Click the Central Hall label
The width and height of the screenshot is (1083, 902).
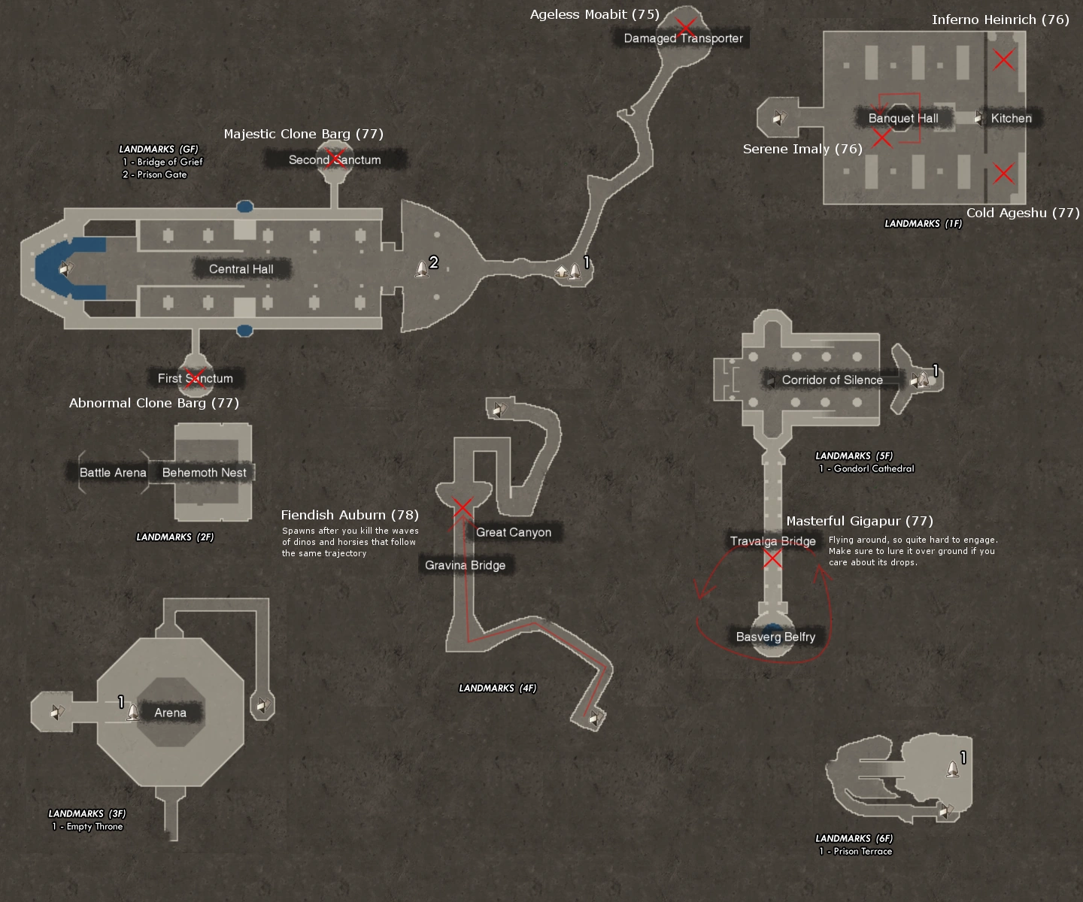(241, 269)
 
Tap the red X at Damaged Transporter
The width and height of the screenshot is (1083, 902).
(684, 29)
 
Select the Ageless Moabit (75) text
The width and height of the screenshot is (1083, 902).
(594, 14)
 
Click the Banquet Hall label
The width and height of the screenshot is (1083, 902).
(902, 118)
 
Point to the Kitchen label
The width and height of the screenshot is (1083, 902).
(1011, 118)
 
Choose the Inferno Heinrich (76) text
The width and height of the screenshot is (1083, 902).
(1000, 20)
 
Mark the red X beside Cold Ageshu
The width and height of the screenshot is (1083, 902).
(1003, 174)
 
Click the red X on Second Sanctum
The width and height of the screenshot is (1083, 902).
(336, 157)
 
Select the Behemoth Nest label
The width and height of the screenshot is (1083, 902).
(204, 473)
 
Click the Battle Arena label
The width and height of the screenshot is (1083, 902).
(113, 473)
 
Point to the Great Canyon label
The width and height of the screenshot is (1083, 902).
(513, 532)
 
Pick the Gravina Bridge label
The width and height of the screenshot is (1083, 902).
(465, 565)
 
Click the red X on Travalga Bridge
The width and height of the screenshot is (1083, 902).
(772, 558)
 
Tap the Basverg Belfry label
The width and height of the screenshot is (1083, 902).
(775, 637)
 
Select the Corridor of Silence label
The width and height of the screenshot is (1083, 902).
(832, 380)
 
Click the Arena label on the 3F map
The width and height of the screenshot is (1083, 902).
(170, 713)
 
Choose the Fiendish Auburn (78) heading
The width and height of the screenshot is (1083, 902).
(350, 515)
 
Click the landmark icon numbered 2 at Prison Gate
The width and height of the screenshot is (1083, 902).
(422, 268)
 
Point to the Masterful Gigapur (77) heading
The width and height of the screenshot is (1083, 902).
(859, 521)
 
